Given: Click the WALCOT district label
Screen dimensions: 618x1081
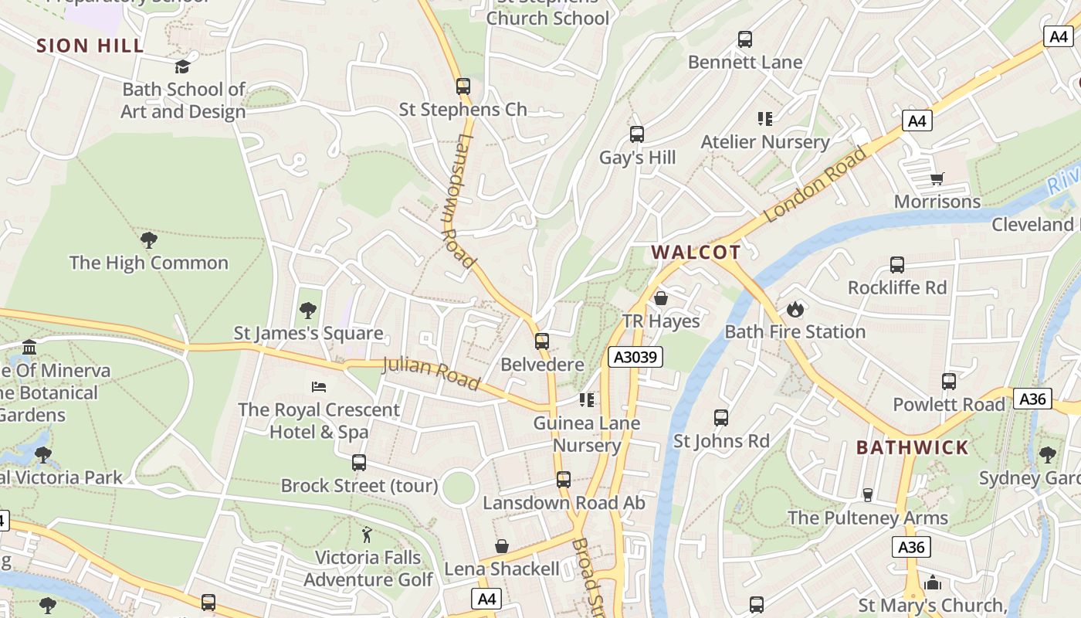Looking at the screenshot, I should [696, 253].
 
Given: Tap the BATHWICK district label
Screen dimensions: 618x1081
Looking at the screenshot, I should [912, 447].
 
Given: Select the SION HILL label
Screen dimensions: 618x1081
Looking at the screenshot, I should [90, 46].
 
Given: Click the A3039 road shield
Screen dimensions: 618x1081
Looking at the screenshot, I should [635, 357].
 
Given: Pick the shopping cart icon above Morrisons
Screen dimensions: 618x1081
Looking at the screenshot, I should [937, 179].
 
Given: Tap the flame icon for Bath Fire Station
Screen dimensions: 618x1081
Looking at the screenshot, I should [795, 310].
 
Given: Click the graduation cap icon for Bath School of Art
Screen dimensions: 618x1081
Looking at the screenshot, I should [183, 67].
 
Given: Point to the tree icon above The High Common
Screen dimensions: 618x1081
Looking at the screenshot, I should [149, 240].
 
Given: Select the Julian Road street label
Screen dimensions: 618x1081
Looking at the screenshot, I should [431, 374].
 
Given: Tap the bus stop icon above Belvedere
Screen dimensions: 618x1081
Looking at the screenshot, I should [542, 341].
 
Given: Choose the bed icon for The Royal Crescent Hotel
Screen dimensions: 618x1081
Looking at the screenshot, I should [319, 386].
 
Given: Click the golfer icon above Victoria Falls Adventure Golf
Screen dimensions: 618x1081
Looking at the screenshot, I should [368, 535].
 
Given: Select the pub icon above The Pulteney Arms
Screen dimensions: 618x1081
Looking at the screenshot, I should [867, 495].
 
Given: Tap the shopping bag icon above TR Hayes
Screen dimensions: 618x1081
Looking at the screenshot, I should [661, 298].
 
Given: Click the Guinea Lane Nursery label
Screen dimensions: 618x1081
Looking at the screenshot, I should [587, 434].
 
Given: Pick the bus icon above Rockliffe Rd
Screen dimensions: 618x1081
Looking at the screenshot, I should [897, 265].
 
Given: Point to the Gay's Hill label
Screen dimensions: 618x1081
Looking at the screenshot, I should [638, 158].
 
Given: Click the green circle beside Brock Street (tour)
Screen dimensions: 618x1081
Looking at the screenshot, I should [459, 488].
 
